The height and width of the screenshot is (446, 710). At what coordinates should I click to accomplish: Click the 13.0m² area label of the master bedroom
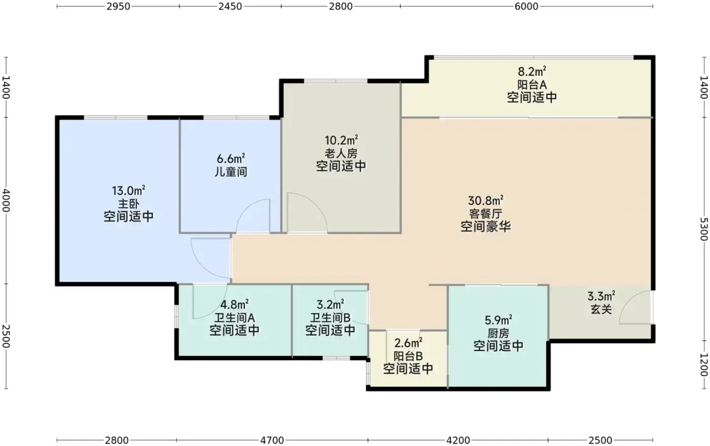coord(128,191)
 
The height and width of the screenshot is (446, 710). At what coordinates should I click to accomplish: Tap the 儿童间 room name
coord(231,172)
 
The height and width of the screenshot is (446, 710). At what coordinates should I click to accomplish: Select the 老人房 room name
coord(341,154)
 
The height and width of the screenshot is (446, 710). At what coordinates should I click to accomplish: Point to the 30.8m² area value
coord(486,200)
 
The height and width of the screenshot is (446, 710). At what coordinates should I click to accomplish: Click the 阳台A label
coord(532,85)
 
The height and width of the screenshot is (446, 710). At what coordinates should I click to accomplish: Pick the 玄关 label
coord(601,310)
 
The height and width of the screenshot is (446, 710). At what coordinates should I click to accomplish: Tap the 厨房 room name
coord(498,333)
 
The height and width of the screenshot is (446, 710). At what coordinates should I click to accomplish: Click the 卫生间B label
coord(330,318)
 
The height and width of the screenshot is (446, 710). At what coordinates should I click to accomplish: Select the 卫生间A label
coord(234,318)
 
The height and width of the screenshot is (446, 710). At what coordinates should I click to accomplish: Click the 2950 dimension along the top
coord(118,7)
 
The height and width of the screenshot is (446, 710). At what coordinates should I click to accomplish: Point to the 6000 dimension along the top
coord(526,7)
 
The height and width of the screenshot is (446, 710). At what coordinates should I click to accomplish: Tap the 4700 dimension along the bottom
coord(272,440)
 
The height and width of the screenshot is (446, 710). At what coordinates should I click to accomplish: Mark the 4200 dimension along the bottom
coord(458,440)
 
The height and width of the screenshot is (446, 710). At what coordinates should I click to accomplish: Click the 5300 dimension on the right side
coord(703,229)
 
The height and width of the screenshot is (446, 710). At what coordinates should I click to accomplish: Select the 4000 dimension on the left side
coord(6,200)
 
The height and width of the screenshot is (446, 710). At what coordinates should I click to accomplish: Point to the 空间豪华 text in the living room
coord(486,226)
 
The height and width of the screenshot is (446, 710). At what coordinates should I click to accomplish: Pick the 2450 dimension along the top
coord(230,7)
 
